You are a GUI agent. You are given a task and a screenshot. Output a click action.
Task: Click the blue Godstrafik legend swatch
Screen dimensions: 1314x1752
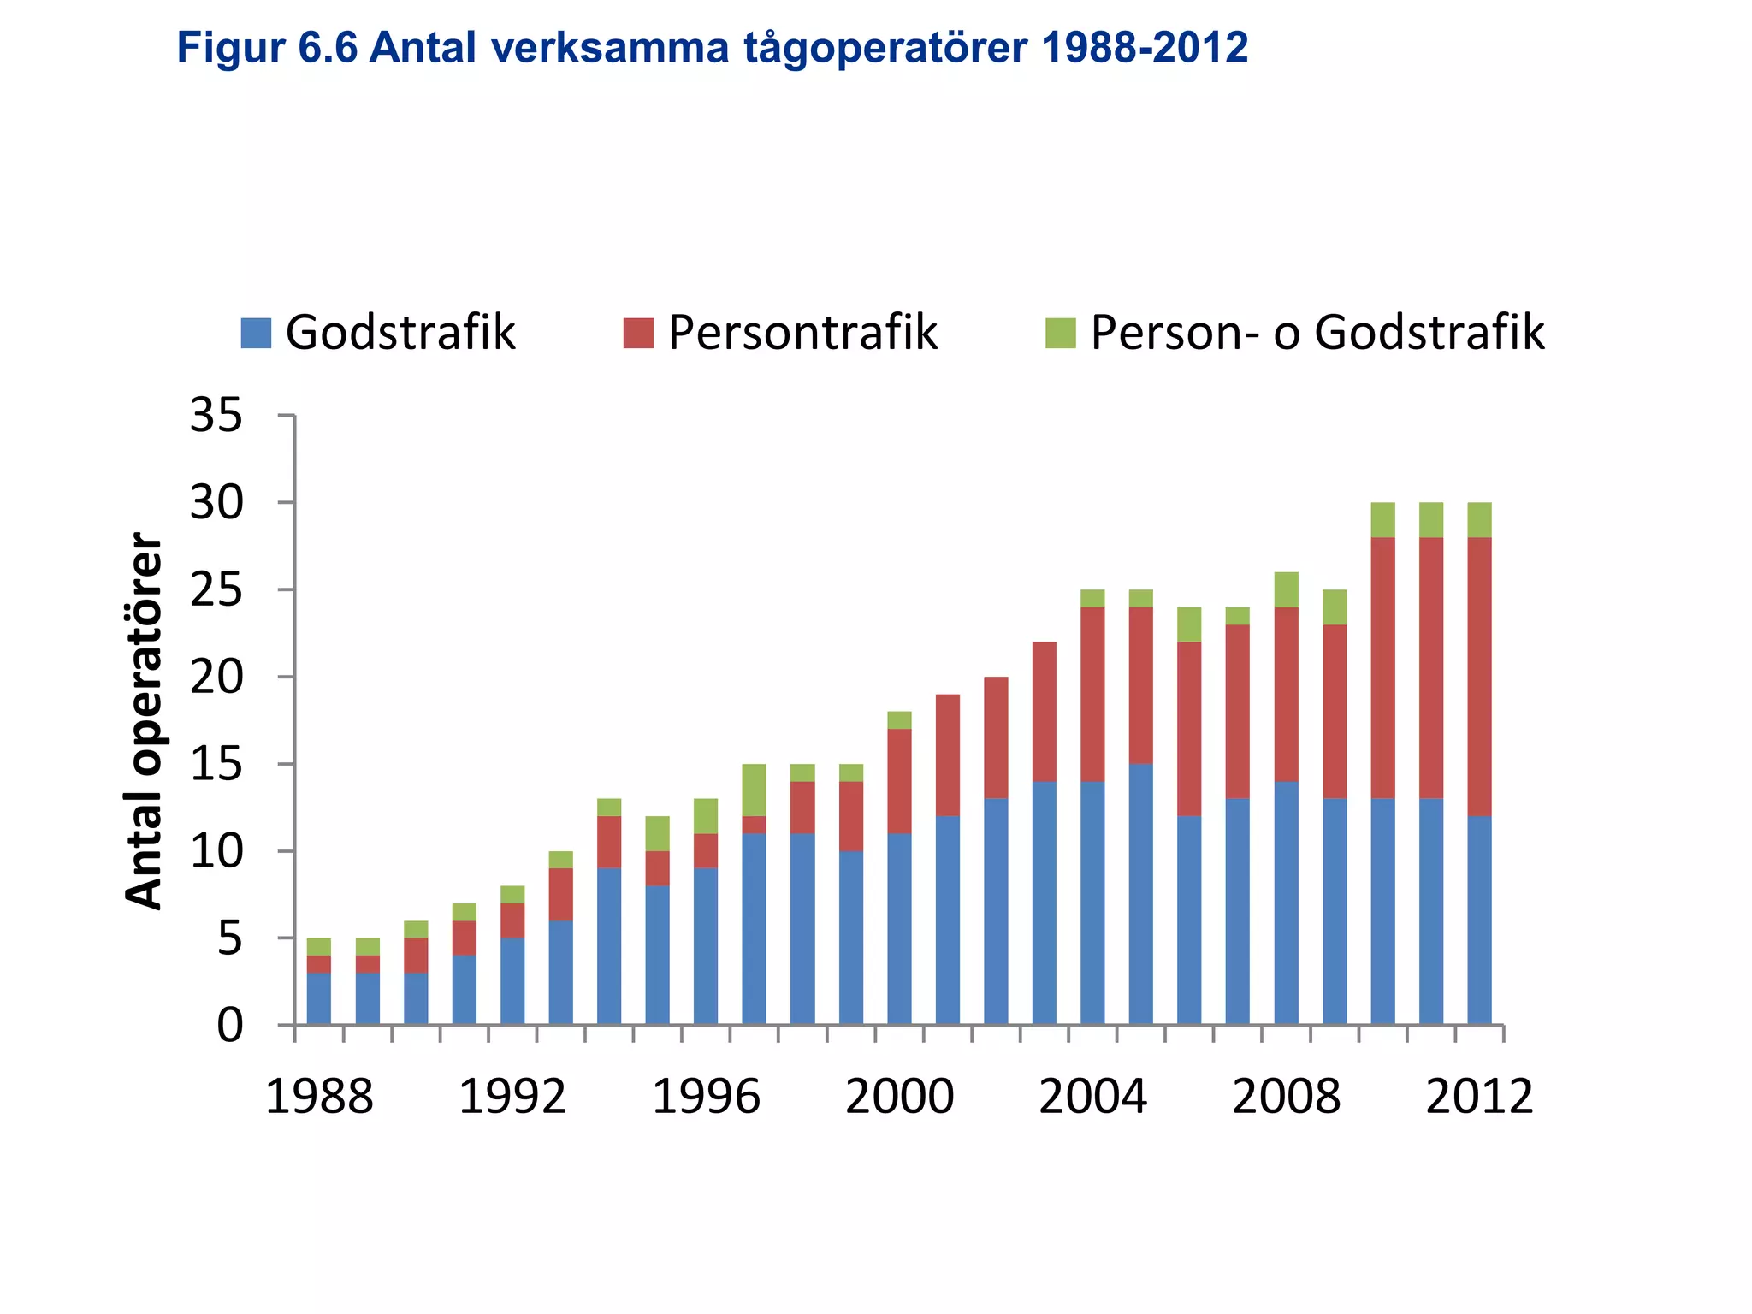pyautogui.click(x=256, y=333)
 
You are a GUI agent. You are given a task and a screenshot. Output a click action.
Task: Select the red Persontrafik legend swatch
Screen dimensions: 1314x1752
pyautogui.click(x=638, y=333)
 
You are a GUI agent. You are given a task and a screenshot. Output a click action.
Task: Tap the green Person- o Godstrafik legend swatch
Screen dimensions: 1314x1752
pyautogui.click(x=1060, y=333)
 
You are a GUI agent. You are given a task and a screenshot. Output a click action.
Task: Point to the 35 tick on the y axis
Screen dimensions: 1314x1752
pyautogui.click(x=216, y=417)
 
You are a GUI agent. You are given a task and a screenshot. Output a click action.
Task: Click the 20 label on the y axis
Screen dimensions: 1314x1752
pyautogui.click(x=216, y=678)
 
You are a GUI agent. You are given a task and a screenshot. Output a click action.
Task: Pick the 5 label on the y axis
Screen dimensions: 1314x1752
pyautogui.click(x=229, y=939)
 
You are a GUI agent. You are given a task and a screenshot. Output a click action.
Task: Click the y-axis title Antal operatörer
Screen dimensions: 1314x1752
pyautogui.click(x=143, y=720)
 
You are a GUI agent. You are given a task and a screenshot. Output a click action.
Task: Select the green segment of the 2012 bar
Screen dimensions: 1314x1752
pyautogui.click(x=1479, y=519)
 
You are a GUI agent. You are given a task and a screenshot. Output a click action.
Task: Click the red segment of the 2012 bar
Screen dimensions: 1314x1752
pyautogui.click(x=1479, y=676)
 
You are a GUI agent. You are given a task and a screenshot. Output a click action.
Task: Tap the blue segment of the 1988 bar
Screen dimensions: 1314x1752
pyautogui.click(x=319, y=998)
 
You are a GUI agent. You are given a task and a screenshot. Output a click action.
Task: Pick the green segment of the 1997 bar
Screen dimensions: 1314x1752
pyautogui.click(x=754, y=790)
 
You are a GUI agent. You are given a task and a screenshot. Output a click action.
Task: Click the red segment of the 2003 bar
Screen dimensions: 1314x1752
pyautogui.click(x=1044, y=711)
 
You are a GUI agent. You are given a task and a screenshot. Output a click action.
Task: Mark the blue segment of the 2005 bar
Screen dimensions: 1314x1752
pyautogui.click(x=1140, y=894)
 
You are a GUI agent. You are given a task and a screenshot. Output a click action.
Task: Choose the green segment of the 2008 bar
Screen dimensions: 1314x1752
pyautogui.click(x=1286, y=589)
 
